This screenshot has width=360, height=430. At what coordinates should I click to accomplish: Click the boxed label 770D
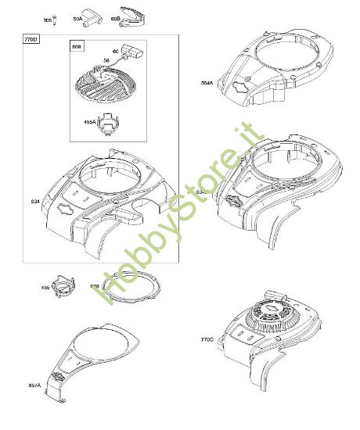pos(31,39)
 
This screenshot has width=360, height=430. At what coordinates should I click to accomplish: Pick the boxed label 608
pos(76,46)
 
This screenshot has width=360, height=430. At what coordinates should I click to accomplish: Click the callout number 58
pos(106,59)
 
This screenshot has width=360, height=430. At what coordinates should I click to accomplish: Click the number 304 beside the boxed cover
pos(34,201)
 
